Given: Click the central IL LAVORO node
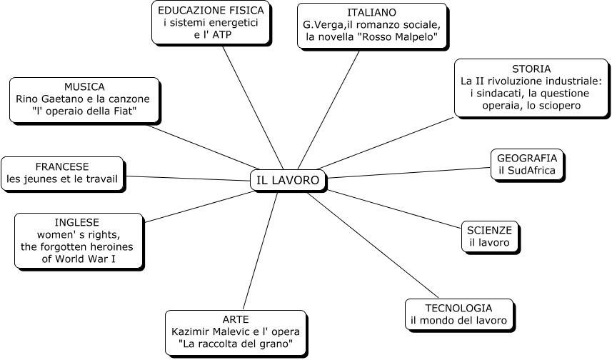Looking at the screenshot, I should click(x=288, y=180).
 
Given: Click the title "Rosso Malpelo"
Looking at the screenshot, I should click(x=401, y=37).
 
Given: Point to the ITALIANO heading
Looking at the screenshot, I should click(x=371, y=13).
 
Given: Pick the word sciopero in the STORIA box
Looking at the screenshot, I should click(x=557, y=105).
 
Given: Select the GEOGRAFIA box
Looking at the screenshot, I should click(x=527, y=164).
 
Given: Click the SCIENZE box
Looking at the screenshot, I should click(x=489, y=236).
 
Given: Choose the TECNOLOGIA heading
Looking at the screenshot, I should click(x=458, y=307).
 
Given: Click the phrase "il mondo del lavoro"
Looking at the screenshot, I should click(x=458, y=321).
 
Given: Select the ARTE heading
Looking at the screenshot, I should click(x=235, y=319).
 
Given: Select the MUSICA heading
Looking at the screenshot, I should click(x=84, y=86).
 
